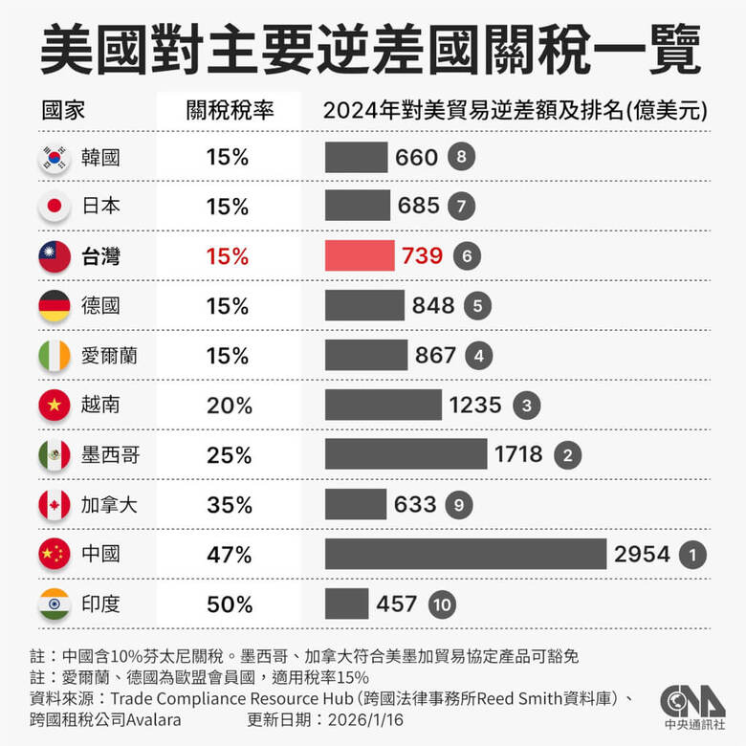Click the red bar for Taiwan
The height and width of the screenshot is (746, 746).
[360, 255]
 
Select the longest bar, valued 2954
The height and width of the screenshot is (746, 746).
[466, 554]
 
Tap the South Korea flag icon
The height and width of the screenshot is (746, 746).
[53, 157]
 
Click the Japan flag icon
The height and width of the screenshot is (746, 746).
[53, 207]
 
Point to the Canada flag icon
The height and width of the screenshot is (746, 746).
[53, 504]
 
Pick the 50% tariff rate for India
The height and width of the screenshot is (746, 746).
[230, 604]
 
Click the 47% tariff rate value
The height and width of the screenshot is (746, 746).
[230, 555]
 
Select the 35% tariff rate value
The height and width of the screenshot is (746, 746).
[230, 505]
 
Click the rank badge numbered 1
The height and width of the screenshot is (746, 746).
[691, 555]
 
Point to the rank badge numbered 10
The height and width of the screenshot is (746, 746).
[442, 604]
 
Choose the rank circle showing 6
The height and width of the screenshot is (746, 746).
[467, 256]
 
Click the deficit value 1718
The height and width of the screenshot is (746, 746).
[518, 454]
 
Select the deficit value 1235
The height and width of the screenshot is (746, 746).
[475, 405]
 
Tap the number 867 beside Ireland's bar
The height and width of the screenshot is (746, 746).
[435, 355]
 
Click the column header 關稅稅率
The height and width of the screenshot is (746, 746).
[230, 109]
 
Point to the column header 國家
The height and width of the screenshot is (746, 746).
[63, 109]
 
